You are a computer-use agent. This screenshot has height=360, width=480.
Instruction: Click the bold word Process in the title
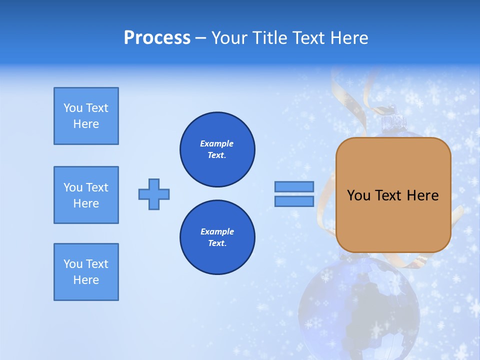pos(157,38)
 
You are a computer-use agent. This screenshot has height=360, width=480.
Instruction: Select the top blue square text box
pos(86,116)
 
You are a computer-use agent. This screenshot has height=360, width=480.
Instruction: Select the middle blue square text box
pos(86,195)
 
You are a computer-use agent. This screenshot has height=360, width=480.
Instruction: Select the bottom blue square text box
pos(86,272)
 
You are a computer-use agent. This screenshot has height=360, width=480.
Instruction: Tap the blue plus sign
pos(154,194)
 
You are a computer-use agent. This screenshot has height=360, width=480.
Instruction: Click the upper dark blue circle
pos(217,149)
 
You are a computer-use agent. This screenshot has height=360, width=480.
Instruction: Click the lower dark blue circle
pos(217,237)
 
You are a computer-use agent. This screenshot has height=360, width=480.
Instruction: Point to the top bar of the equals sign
pos(294,186)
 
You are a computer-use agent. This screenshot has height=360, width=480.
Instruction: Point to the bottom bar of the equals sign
pos(294,201)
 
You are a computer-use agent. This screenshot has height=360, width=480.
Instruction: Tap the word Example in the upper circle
pos(217,143)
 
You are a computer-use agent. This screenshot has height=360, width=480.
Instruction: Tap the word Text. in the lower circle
pos(217,243)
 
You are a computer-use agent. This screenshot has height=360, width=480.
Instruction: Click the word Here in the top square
pos(86,124)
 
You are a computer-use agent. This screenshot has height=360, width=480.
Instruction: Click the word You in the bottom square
pos(72,264)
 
